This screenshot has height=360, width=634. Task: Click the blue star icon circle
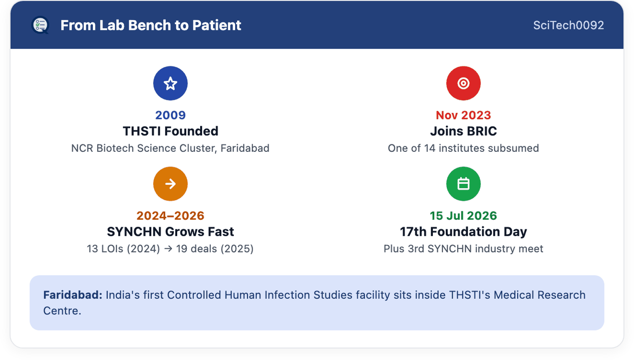click(170, 83)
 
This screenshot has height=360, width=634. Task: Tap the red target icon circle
click(463, 83)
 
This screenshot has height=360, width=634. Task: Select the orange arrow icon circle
click(170, 184)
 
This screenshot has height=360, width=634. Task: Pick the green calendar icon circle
click(463, 184)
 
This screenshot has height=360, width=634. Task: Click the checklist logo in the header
click(40, 25)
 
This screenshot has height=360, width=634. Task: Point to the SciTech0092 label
click(568, 25)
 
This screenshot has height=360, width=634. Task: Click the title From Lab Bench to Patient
click(151, 25)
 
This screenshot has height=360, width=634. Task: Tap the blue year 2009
click(170, 115)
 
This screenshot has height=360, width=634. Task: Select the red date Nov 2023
click(463, 115)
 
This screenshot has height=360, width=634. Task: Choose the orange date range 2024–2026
click(170, 216)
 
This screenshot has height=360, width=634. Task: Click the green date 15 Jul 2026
click(463, 216)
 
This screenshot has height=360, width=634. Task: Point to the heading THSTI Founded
click(170, 131)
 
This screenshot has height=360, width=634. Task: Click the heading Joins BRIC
click(463, 131)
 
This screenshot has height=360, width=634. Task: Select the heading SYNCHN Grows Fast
click(170, 232)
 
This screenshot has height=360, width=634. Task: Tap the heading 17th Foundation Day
click(463, 232)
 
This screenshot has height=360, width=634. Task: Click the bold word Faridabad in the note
click(73, 295)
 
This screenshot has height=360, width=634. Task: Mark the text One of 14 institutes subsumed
click(463, 148)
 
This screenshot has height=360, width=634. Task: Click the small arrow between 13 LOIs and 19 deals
click(168, 249)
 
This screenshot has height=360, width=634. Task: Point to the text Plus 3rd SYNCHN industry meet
click(463, 249)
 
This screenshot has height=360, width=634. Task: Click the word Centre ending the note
click(62, 311)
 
